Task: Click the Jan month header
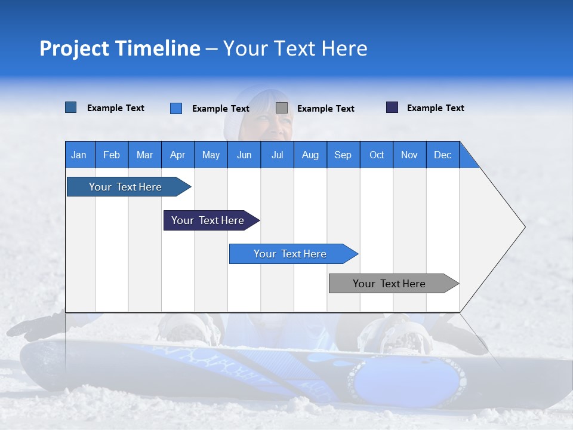(x=79, y=155)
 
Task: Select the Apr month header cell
(x=177, y=155)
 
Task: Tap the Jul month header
(x=277, y=155)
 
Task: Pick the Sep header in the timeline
(x=343, y=155)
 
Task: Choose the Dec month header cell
(x=442, y=155)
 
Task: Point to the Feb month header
(x=112, y=155)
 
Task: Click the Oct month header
(x=377, y=155)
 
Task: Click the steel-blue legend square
(x=70, y=107)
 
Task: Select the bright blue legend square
(x=176, y=108)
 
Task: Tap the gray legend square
(x=282, y=108)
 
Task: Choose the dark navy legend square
(x=392, y=107)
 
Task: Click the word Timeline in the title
(x=159, y=48)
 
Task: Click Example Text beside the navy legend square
(x=435, y=108)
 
